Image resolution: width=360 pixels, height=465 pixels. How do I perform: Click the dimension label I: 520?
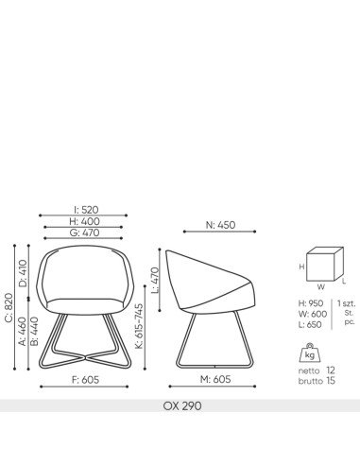coord(86,210)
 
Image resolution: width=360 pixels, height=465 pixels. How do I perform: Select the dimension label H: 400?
coord(86,221)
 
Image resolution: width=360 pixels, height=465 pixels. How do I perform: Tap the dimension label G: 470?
coord(86,232)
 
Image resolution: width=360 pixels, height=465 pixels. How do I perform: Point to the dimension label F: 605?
coord(86,379)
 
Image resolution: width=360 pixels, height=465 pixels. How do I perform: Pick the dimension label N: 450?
coord(221,225)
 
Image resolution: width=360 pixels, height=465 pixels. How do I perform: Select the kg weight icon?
coord(310,355)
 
